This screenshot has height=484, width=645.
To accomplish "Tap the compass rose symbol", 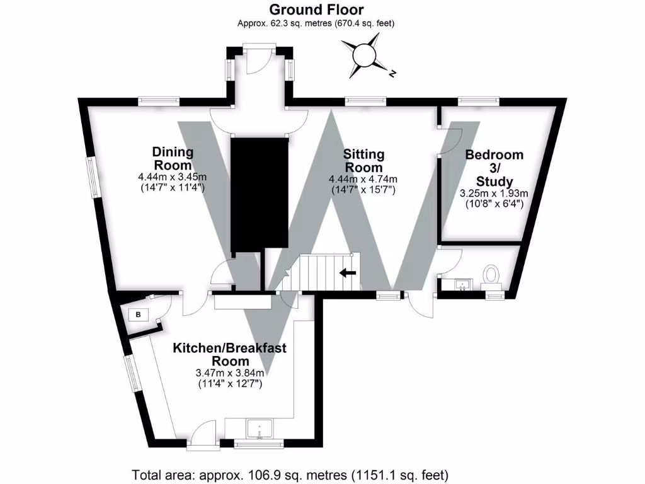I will (364, 55).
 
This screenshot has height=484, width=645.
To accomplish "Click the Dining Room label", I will (173, 158).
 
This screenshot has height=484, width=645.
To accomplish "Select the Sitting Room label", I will (363, 161).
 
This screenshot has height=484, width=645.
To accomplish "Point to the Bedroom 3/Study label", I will (494, 168).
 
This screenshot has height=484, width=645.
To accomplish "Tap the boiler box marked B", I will (138, 315).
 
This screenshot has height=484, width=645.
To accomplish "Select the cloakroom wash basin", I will (463, 285).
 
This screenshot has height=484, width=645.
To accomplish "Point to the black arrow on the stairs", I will (347, 273).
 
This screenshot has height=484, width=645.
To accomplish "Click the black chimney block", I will (259, 193).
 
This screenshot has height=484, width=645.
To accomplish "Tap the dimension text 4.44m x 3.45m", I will (173, 177).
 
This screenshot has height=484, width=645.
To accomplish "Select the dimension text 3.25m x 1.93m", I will (494, 193).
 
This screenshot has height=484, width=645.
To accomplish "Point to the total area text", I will (290, 474).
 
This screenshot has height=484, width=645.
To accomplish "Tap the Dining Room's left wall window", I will (93, 177).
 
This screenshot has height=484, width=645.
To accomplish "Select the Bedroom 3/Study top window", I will (479, 99).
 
